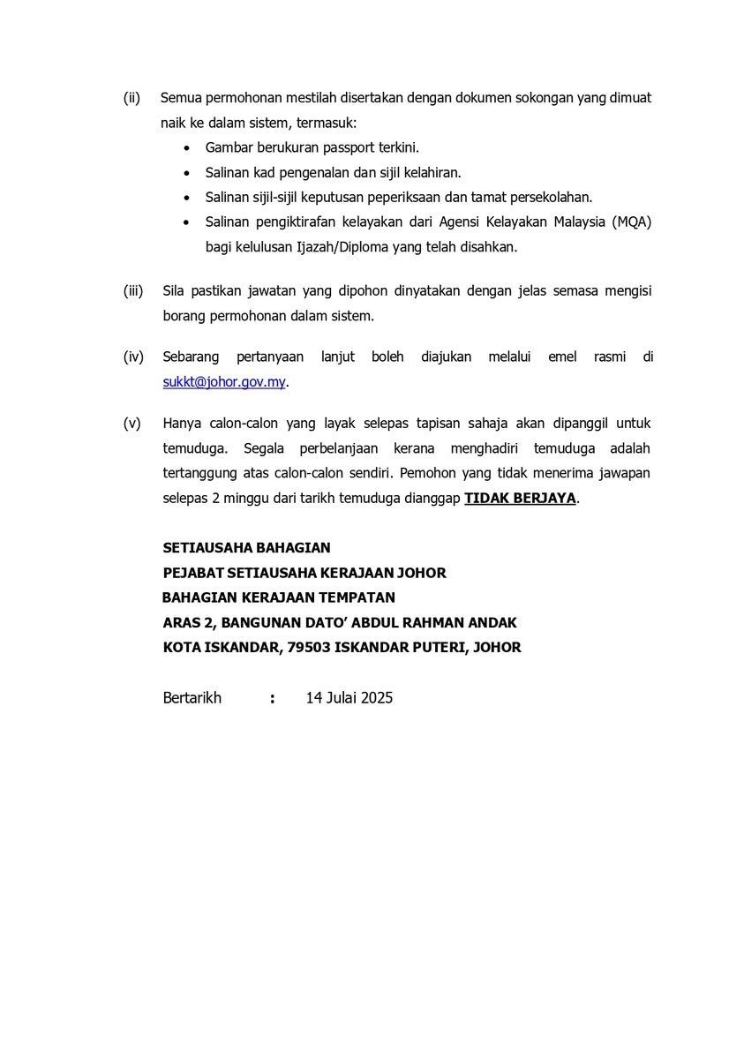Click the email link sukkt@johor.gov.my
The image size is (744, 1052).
click(x=224, y=382)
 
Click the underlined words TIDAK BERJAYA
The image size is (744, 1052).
click(x=520, y=498)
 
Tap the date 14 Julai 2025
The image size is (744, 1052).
click(x=349, y=697)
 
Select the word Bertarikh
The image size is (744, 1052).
click(x=192, y=697)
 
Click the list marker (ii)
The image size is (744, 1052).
click(x=132, y=97)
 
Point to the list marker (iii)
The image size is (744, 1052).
click(x=133, y=290)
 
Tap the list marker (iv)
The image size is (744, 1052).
click(x=133, y=357)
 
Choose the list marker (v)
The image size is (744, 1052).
click(x=132, y=424)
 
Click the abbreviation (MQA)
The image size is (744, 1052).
click(x=630, y=222)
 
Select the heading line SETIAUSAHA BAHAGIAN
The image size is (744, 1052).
click(x=247, y=548)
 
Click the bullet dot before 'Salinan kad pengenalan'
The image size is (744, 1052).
click(x=185, y=173)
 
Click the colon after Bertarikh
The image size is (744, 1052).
click(x=273, y=698)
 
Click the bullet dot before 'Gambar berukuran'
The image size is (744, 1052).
click(x=185, y=148)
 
